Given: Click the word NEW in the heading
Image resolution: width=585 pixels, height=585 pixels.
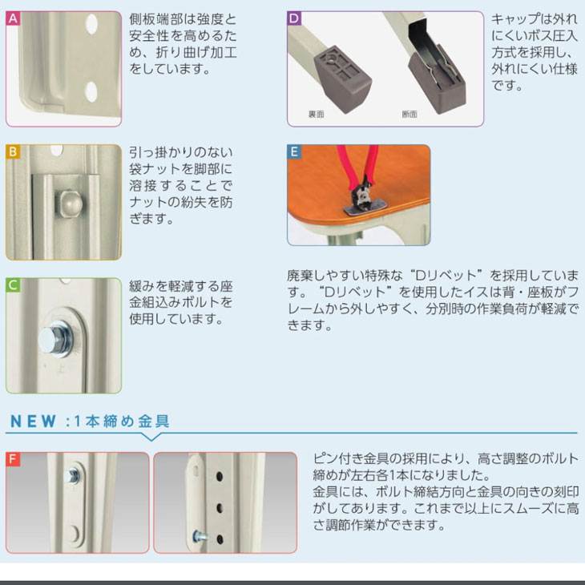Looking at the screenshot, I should pyautogui.click(x=31, y=421).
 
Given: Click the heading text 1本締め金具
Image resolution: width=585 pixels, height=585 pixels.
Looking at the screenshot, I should pyautogui.click(x=123, y=421).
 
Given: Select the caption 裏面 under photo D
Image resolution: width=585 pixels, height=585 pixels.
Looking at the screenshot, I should pyautogui.click(x=316, y=115).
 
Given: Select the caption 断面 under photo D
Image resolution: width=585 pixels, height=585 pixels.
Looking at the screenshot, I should pyautogui.click(x=409, y=115).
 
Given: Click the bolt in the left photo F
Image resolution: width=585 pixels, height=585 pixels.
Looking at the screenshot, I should pyautogui.click(x=77, y=475).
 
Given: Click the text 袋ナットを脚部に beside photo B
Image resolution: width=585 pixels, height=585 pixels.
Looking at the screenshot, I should pyautogui.click(x=180, y=169).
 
